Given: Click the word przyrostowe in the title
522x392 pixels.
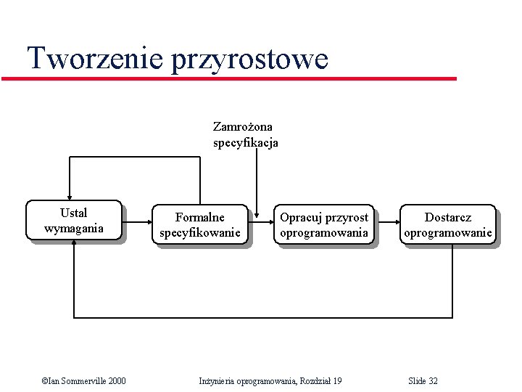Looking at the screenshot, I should (249, 60).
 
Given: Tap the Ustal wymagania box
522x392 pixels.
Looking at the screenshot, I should (74, 221).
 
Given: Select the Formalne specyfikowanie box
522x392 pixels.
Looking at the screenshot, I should (200, 225).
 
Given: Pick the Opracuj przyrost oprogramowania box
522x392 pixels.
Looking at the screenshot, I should (324, 225).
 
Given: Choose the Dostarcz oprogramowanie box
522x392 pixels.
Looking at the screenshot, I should (448, 225).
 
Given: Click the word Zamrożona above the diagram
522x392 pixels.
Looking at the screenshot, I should (243, 126).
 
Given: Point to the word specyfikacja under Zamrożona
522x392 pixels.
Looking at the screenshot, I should (245, 143).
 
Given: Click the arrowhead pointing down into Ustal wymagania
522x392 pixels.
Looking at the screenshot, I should (70, 195).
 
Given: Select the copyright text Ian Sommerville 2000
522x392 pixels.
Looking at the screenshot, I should (83, 381).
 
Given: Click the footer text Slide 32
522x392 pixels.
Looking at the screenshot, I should (423, 381).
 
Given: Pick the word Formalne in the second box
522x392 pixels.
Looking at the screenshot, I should (200, 217).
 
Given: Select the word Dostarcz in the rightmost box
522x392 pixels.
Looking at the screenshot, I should (448, 217).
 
